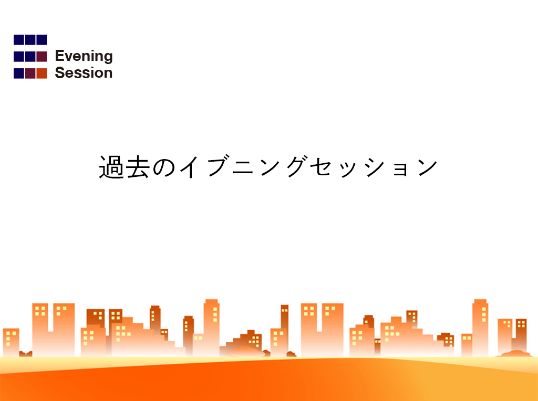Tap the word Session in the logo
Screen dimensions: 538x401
point(84,72)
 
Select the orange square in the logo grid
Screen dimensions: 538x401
point(42,73)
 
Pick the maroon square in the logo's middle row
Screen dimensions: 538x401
point(42,57)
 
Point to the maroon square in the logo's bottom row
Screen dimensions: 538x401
point(30,73)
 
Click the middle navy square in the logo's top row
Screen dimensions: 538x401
point(30,40)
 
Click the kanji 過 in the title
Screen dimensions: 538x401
point(111,167)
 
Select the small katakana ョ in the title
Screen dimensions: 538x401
point(401,170)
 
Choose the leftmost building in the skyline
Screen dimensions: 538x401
point(11,342)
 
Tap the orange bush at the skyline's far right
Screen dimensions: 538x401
point(516,353)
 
